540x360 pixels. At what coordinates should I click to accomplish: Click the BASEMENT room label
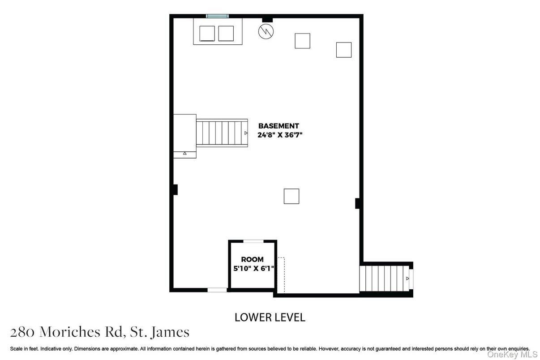(x=279, y=126)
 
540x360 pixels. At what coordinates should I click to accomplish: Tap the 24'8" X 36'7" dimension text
(x=280, y=135)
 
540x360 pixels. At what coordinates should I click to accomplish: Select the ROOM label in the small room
(x=252, y=259)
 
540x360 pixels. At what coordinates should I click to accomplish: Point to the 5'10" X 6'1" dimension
(x=253, y=268)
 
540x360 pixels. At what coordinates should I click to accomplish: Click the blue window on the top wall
(x=217, y=16)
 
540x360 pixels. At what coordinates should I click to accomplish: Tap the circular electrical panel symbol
(x=266, y=31)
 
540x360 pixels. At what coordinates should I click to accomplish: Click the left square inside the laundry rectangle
(x=207, y=34)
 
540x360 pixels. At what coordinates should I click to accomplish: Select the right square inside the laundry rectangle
(x=226, y=34)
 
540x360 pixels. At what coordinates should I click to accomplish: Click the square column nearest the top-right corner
(x=344, y=50)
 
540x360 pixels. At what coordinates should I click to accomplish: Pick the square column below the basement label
(x=291, y=196)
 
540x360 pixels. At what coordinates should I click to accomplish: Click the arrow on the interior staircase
(x=246, y=133)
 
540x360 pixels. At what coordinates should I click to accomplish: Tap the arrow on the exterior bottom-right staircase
(x=407, y=279)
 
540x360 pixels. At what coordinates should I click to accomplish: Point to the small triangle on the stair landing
(x=184, y=153)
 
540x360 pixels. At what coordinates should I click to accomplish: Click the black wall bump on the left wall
(x=175, y=189)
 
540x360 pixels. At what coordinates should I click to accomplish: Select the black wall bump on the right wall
(x=357, y=203)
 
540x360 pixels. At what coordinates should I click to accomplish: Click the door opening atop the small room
(x=253, y=241)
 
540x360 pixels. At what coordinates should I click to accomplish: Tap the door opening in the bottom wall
(x=217, y=290)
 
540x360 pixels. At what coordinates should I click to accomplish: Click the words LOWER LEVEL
(x=270, y=317)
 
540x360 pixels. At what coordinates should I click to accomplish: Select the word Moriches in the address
(x=70, y=332)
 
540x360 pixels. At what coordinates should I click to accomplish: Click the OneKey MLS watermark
(x=512, y=355)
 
